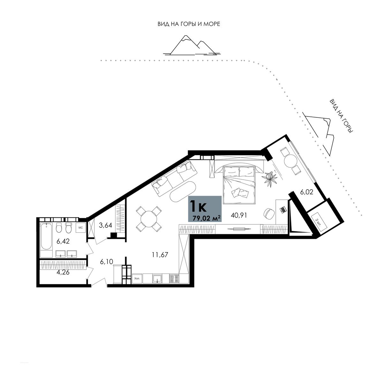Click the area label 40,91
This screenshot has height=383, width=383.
tap(239, 215)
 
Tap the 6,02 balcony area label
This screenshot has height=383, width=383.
tap(306, 192)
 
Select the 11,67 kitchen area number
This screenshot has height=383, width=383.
tap(160, 255)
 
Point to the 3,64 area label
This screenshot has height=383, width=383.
tap(106, 225)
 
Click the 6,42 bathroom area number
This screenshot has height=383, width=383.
tap(63, 241)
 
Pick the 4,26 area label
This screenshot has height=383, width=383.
tap(63, 272)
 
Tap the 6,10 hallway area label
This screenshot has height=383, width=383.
tap(107, 262)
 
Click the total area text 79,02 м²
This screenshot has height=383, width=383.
tap(207, 218)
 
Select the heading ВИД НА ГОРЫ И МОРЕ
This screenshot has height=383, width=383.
tap(189, 24)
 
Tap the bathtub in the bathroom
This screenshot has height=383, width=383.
tap(46, 236)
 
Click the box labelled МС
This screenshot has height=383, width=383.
tap(80, 228)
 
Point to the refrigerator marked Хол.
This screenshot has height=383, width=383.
tap(137, 278)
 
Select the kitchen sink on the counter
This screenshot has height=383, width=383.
tap(157, 278)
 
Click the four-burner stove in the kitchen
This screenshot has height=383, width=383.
tap(174, 278)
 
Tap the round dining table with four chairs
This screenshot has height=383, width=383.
tap(149, 219)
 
